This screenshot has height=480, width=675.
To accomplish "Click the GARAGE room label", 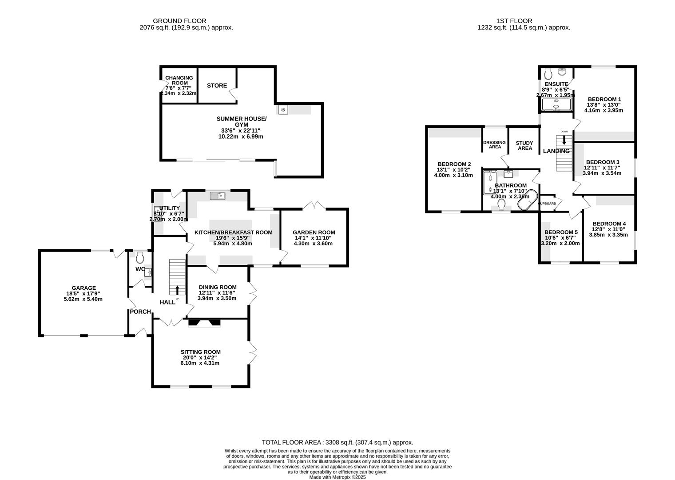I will [84, 288].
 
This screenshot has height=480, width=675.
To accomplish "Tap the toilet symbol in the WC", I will [140, 257].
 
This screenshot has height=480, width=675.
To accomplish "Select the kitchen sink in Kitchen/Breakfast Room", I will [218, 195].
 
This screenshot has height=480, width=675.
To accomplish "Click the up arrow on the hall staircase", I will [178, 290].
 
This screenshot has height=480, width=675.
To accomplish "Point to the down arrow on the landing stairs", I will [564, 140].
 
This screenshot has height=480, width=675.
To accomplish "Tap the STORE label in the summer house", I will [217, 85].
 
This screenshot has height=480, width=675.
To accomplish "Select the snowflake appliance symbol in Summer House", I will [282, 109].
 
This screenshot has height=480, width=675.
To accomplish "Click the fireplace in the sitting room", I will [204, 323].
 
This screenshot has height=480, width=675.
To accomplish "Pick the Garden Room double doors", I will [314, 205].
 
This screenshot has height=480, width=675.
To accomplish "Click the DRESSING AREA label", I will [494, 144].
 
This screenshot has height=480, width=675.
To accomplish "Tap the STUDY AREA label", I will [524, 146].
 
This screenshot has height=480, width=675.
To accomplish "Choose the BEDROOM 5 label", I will [561, 232].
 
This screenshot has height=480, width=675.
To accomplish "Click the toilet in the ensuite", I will [548, 73].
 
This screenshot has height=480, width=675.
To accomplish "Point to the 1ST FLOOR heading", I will [514, 21].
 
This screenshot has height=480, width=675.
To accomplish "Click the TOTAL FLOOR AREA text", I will [337, 442].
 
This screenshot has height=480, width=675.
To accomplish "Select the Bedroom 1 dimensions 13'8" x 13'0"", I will [604, 105].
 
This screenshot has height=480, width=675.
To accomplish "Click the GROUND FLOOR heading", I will [179, 21].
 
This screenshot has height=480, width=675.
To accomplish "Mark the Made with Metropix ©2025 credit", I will [337, 477].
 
